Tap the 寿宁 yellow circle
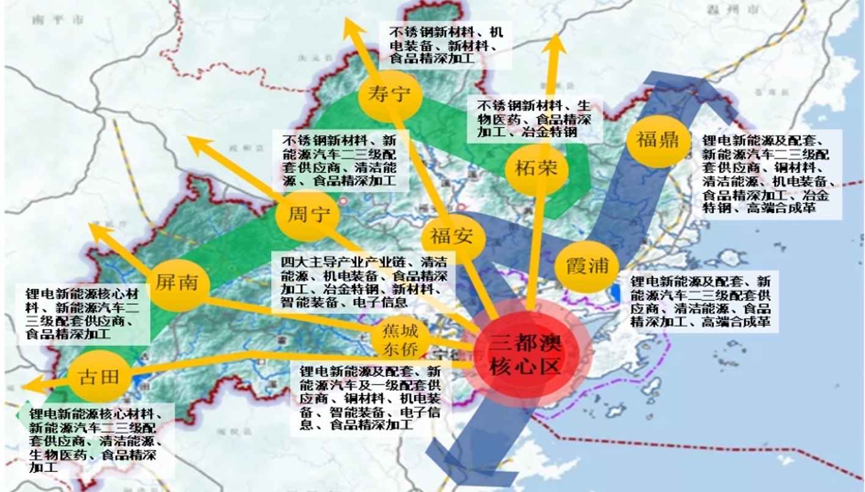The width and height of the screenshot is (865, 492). pyautogui.click(x=390, y=95)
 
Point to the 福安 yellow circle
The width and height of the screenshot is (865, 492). pyautogui.click(x=453, y=236)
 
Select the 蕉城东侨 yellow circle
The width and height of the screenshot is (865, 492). pyautogui.click(x=400, y=339)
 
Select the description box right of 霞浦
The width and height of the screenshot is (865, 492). pyautogui.click(x=703, y=302)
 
